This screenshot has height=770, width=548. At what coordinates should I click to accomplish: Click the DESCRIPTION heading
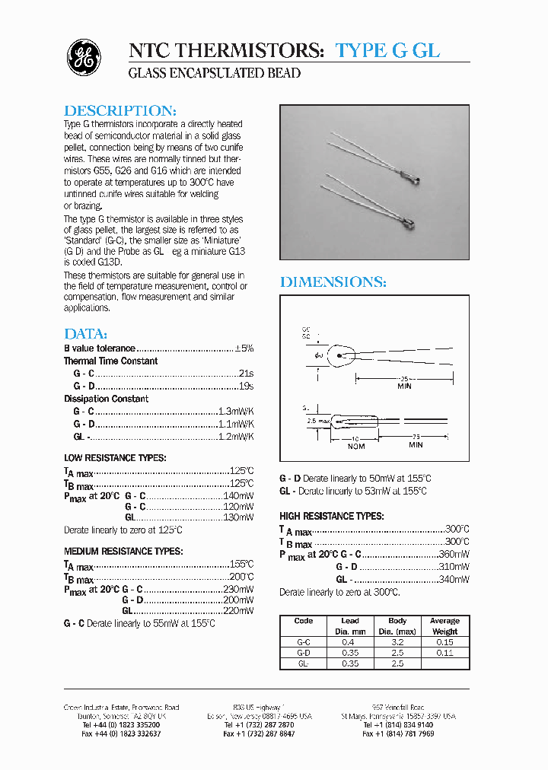click(120, 110)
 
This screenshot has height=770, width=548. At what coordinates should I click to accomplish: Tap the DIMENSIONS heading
click(333, 282)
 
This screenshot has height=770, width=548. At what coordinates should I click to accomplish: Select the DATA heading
click(85, 334)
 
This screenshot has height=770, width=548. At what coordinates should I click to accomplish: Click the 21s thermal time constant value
click(245, 374)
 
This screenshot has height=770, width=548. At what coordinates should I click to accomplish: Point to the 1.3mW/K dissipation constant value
click(236, 411)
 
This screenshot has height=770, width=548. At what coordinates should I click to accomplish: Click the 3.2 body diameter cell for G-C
click(397, 642)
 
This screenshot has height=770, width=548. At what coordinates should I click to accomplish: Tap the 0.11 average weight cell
click(444, 653)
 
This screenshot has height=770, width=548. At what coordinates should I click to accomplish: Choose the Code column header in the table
click(303, 621)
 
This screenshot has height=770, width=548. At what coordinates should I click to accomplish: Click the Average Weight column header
click(444, 626)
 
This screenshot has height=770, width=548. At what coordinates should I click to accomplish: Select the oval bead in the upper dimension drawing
click(340, 356)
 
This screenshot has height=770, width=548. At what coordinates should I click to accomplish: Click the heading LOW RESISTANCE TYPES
click(115, 457)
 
